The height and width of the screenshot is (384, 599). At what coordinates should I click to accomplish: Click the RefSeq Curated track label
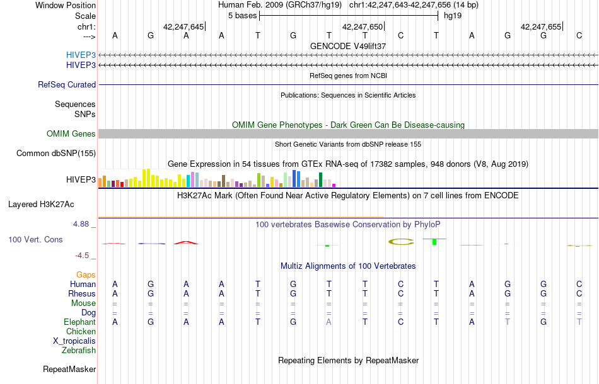click(67, 84)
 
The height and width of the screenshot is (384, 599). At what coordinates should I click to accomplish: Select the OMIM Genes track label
click(71, 133)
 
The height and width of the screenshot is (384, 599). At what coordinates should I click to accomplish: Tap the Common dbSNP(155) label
click(56, 153)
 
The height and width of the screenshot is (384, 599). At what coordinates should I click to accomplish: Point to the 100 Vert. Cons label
click(35, 240)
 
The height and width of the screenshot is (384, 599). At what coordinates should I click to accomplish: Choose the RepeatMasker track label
click(69, 369)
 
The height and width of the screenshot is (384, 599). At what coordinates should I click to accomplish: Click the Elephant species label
click(79, 322)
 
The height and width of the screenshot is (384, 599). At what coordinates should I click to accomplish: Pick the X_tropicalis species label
click(74, 341)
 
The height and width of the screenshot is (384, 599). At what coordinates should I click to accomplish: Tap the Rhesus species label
click(82, 293)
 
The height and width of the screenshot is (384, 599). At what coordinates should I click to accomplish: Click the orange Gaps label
click(86, 274)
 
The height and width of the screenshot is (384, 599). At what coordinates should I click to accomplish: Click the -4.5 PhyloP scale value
click(84, 256)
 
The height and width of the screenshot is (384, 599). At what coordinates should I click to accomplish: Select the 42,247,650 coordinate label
click(362, 27)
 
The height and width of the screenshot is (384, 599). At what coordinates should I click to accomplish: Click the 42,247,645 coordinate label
click(183, 27)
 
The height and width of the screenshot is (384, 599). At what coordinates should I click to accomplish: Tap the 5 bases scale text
click(242, 16)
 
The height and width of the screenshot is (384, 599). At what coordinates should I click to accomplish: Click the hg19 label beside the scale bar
click(453, 16)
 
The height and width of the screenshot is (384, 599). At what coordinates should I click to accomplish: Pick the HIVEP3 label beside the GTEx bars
click(81, 180)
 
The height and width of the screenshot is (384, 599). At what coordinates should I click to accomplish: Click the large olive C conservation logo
click(400, 241)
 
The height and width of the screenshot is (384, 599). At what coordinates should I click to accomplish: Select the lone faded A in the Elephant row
click(329, 322)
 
